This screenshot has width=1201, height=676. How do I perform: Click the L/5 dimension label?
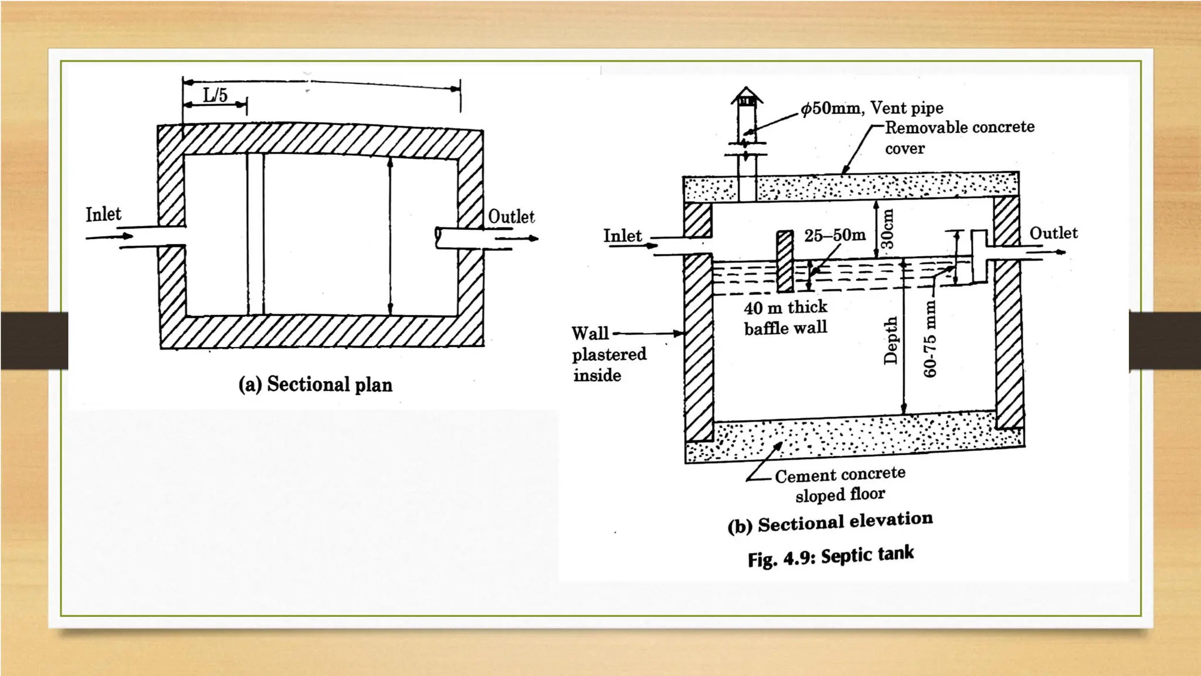215,95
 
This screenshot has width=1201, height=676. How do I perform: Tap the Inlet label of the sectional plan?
103,215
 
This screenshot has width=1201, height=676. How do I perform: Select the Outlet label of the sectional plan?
511,217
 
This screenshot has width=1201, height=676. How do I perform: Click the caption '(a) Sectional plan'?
315,385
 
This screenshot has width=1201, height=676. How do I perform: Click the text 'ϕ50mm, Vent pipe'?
872,108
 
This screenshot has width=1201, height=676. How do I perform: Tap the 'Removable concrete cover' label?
959,137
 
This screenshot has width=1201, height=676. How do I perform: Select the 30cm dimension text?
888,228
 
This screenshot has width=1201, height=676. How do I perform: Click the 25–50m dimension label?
834,236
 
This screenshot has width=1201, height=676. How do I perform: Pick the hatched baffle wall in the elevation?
785,261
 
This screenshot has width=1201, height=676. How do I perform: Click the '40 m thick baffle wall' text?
786,318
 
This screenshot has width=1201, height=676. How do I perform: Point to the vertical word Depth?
891,341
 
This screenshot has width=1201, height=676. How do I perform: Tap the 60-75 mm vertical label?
930,339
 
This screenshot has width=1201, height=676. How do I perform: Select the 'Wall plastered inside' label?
609,354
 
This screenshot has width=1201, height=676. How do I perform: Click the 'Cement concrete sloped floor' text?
840,484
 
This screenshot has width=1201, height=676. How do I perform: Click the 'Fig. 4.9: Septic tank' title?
830,556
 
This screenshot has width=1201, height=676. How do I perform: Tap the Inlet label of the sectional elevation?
622,236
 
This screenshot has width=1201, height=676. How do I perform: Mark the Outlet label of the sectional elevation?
1053,233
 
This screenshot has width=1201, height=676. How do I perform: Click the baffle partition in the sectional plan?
255,235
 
